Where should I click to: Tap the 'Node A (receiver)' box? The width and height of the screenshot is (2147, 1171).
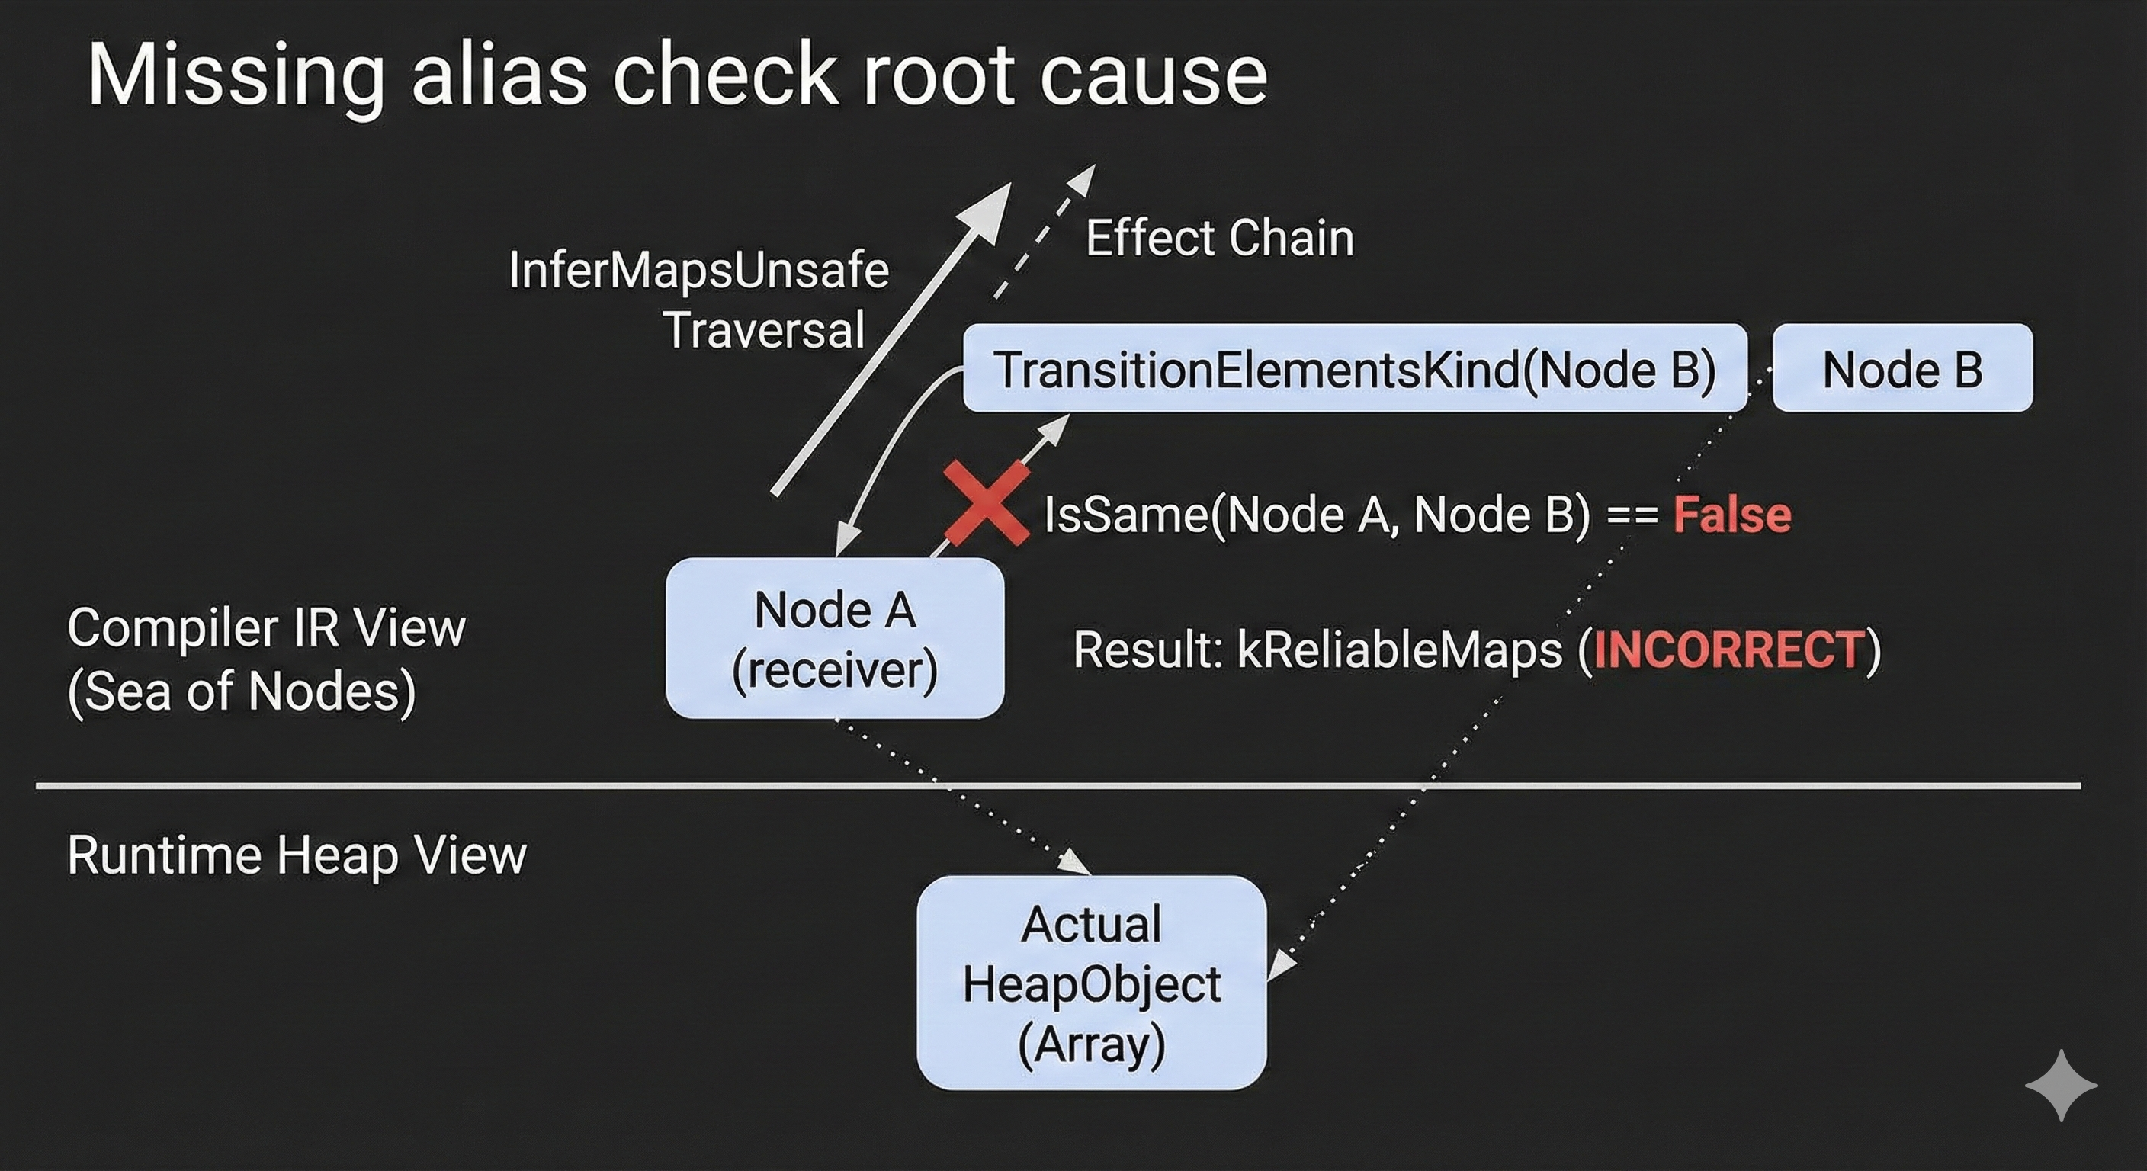point(834,638)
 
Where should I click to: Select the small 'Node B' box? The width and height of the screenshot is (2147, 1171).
point(1902,368)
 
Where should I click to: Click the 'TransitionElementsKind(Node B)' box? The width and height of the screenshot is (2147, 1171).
point(1354,368)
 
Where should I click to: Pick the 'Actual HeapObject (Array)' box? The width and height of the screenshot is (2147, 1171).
point(1091,983)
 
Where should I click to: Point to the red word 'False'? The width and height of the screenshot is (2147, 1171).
point(1732,515)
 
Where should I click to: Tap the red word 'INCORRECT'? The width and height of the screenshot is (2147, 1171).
point(1728,650)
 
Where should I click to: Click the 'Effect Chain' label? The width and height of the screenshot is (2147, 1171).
point(1219,239)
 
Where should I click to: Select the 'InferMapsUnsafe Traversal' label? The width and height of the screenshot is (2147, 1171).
point(698,298)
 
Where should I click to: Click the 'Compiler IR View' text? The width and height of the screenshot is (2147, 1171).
point(266,627)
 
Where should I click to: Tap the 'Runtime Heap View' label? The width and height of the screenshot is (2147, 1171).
point(297,855)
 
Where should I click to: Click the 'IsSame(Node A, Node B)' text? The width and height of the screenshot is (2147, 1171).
point(1317,515)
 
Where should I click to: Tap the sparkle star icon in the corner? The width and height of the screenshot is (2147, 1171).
point(2060,1085)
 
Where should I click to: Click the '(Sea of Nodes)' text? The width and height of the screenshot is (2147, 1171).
point(242,691)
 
